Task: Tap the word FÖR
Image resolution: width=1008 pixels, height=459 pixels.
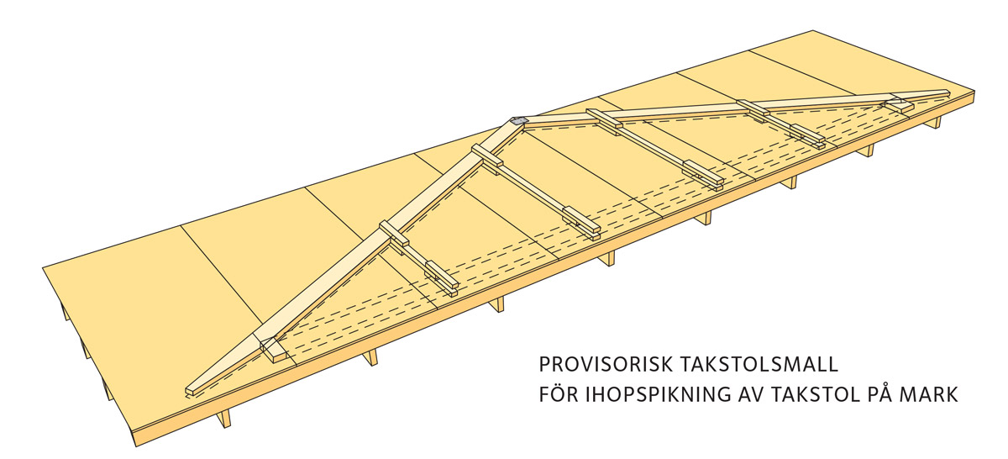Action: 558,393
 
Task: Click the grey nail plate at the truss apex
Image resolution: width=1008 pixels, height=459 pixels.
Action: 518,121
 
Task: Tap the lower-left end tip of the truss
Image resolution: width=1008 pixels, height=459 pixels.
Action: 187,392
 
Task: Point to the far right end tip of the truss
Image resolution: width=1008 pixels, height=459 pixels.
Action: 948,93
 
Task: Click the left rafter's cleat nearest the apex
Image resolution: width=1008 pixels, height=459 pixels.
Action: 487,156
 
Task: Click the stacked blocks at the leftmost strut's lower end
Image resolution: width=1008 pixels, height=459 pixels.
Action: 442,277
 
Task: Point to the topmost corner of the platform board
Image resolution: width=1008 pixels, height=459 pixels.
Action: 813,31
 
